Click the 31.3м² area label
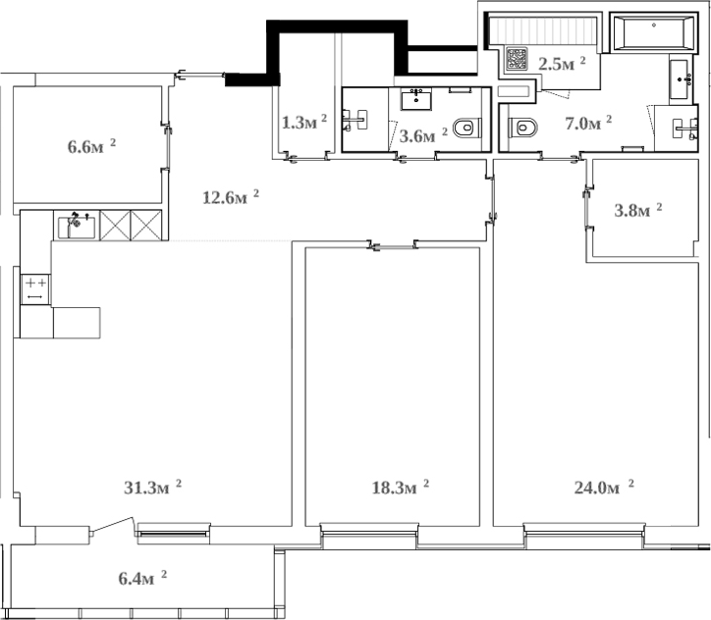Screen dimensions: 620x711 click(153, 487)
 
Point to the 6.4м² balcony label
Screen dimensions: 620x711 click(137, 578)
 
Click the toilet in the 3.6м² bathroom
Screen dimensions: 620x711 click(468, 127)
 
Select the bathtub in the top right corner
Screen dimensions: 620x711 click(654, 35)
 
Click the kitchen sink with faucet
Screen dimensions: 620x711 click(77, 227)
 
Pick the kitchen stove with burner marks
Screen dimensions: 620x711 click(34, 288)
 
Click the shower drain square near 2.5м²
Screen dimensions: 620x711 click(517, 60)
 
